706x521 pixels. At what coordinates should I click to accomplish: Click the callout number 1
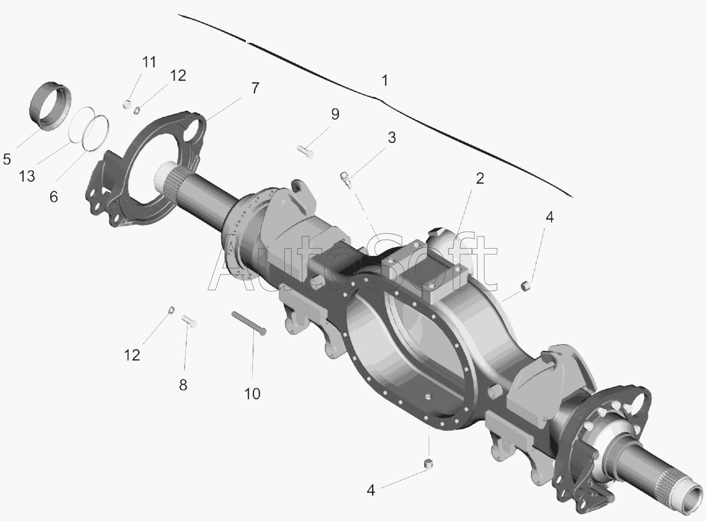point(384,80)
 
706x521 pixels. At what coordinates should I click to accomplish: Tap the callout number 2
point(480,178)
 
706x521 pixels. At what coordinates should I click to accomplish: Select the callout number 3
point(392,138)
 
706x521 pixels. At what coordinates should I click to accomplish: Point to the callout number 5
point(7,159)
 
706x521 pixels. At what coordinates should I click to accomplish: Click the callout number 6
point(53,197)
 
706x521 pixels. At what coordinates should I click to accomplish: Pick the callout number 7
point(255,88)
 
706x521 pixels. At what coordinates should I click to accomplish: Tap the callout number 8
point(183,385)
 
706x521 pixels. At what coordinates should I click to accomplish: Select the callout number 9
point(335,114)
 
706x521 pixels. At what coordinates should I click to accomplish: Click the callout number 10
point(252,394)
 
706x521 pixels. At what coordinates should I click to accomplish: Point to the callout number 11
point(149,62)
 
